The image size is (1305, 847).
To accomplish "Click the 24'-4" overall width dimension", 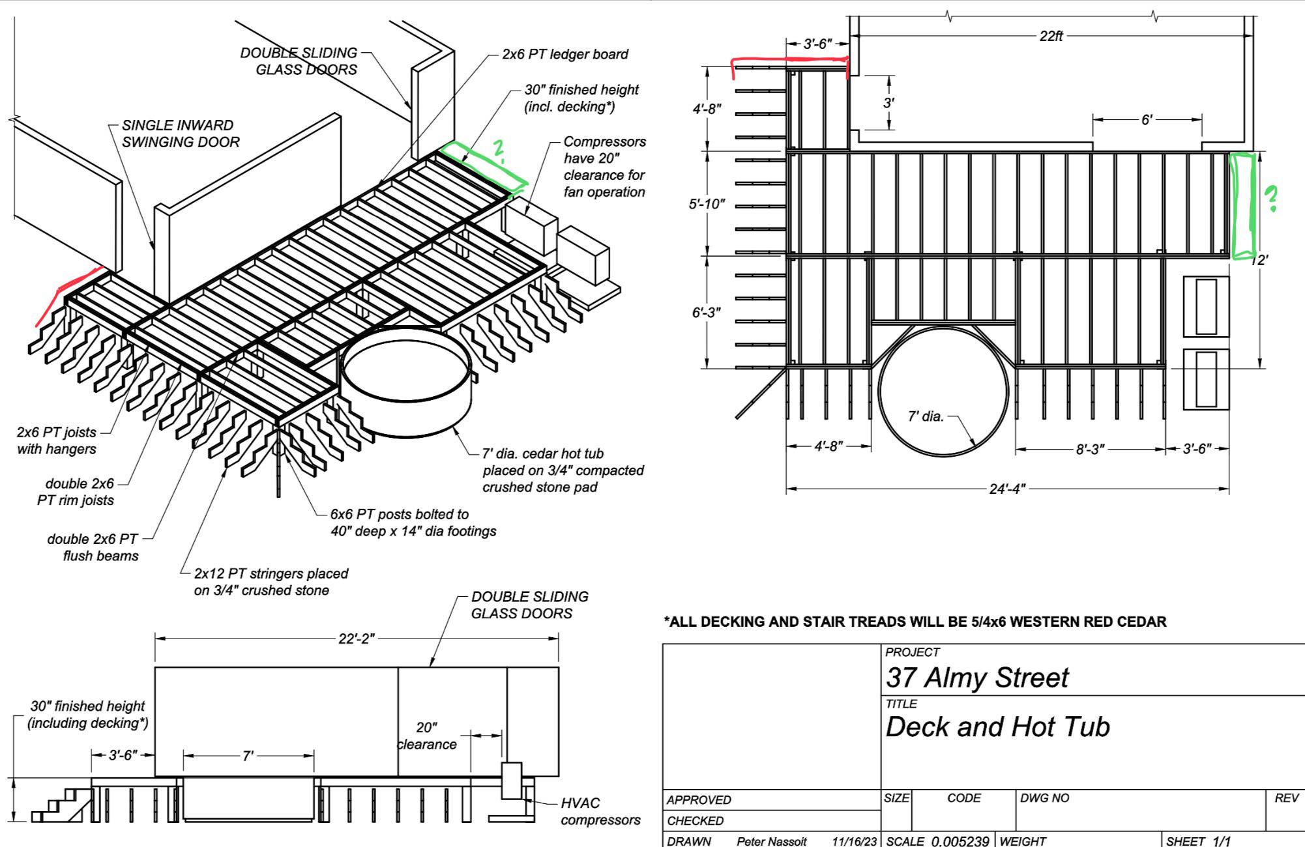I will pyautogui.click(x=1007, y=489).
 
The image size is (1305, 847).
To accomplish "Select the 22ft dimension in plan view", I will pyautogui.click(x=1051, y=36).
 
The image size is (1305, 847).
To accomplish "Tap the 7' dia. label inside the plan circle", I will pyautogui.click(x=926, y=416).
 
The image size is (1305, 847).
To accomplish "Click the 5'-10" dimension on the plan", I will pyautogui.click(x=707, y=204).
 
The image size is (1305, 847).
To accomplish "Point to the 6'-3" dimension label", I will pyautogui.click(x=707, y=313).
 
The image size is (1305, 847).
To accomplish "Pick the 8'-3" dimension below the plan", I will pyautogui.click(x=1090, y=450).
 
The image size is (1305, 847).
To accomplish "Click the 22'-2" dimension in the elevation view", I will pyautogui.click(x=357, y=639).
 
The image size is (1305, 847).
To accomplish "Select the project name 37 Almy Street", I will pyautogui.click(x=976, y=678).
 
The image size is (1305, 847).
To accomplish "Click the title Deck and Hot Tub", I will pyautogui.click(x=997, y=726).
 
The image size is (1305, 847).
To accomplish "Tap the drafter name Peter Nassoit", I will pyautogui.click(x=771, y=841).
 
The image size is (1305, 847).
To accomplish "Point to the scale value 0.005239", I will pyautogui.click(x=960, y=841).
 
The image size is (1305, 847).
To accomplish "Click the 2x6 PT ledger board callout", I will pyautogui.click(x=565, y=54).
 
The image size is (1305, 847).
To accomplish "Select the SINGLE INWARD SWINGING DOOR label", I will pyautogui.click(x=181, y=134).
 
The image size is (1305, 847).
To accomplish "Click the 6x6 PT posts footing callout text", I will pyautogui.click(x=413, y=523).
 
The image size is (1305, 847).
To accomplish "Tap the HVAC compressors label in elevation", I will pyautogui.click(x=600, y=812).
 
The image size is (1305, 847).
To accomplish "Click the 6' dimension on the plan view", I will pyautogui.click(x=1147, y=120).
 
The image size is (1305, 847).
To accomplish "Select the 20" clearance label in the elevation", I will pyautogui.click(x=427, y=736).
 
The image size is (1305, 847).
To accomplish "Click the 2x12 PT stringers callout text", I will pyautogui.click(x=271, y=582).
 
